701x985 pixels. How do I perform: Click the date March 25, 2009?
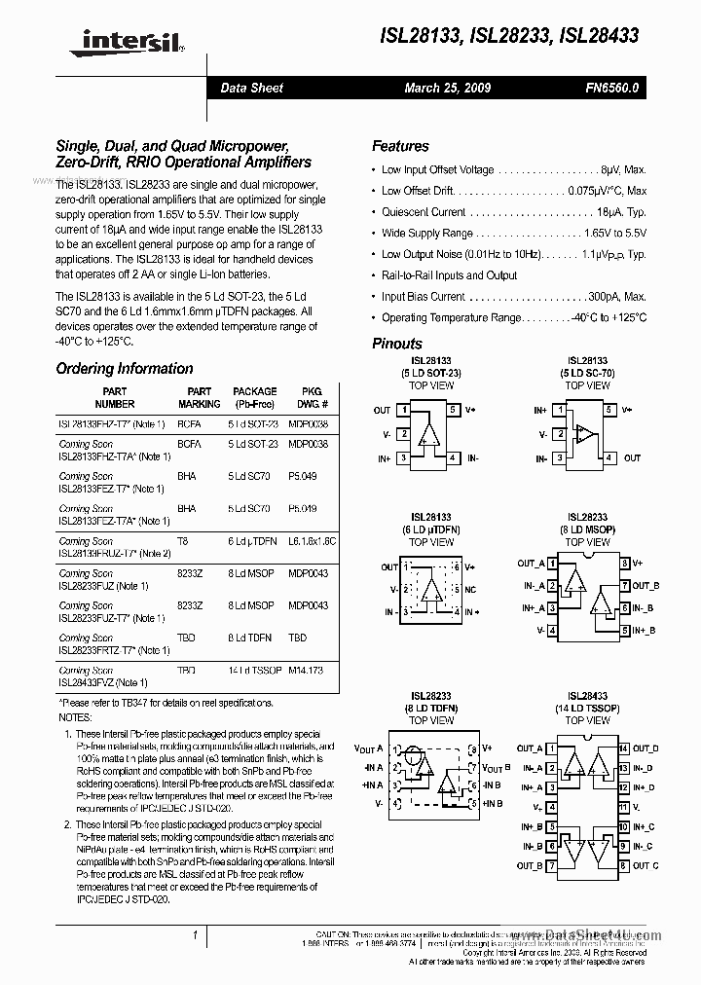click(447, 88)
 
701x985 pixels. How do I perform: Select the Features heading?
click(400, 146)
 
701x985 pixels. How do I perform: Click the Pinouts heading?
click(397, 344)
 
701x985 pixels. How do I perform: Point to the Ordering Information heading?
click(125, 369)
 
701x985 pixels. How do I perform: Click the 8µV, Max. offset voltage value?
click(623, 169)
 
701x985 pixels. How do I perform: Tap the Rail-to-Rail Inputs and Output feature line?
click(449, 275)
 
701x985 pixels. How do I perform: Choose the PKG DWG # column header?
click(311, 397)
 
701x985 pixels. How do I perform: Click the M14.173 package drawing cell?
click(308, 671)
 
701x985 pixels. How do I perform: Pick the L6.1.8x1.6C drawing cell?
click(311, 540)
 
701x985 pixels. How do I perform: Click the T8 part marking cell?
click(182, 540)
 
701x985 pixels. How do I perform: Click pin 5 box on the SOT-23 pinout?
click(453, 411)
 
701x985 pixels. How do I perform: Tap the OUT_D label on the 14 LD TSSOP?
click(646, 748)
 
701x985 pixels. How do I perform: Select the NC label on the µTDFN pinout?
click(471, 590)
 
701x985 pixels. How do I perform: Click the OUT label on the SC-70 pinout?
click(632, 457)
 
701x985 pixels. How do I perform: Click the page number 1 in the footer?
click(196, 935)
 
